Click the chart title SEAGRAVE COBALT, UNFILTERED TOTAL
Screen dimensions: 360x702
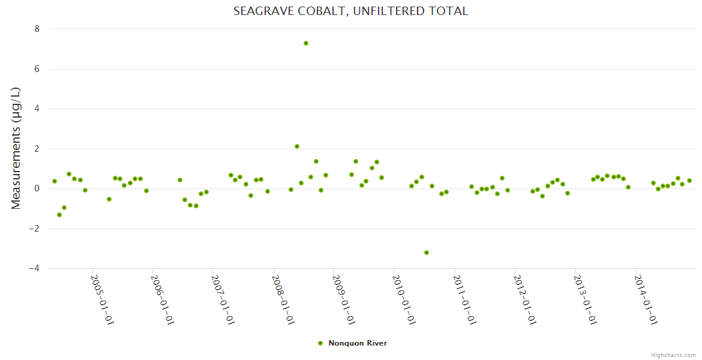point(350,11)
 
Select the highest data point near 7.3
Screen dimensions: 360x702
point(306,43)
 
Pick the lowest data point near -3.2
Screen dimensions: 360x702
point(427,253)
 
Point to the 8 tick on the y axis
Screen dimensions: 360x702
point(37,29)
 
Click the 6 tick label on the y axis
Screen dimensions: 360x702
point(37,69)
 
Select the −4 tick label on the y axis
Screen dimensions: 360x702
point(34,269)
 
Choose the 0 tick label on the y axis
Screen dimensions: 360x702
point(37,188)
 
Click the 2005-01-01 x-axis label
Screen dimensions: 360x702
point(102,299)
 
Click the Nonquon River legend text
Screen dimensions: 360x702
point(358,343)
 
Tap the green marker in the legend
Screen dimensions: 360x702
point(320,343)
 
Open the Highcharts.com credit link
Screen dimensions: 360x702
point(673,355)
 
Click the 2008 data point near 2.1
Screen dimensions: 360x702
point(297,146)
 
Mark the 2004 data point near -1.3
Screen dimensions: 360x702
point(59,215)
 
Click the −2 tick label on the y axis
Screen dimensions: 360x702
point(34,229)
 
